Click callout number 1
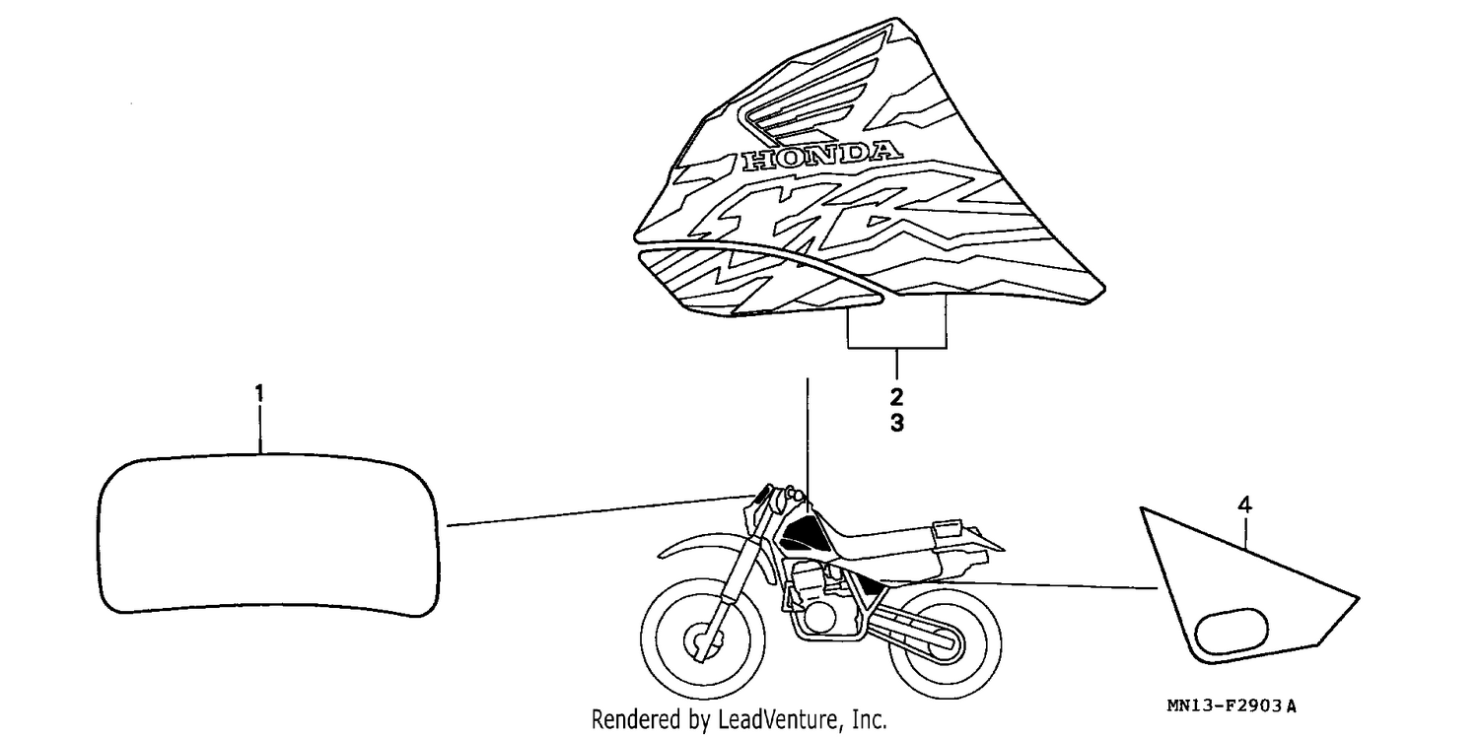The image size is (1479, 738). tap(259, 394)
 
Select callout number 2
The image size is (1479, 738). tap(896, 397)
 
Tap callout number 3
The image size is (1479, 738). tap(896, 423)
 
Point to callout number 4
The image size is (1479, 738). tap(1244, 505)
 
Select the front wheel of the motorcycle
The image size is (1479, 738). tap(703, 639)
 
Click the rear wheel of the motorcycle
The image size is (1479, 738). tap(945, 642)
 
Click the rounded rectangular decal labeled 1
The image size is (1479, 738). tap(268, 535)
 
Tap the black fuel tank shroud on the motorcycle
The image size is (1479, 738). tap(804, 534)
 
